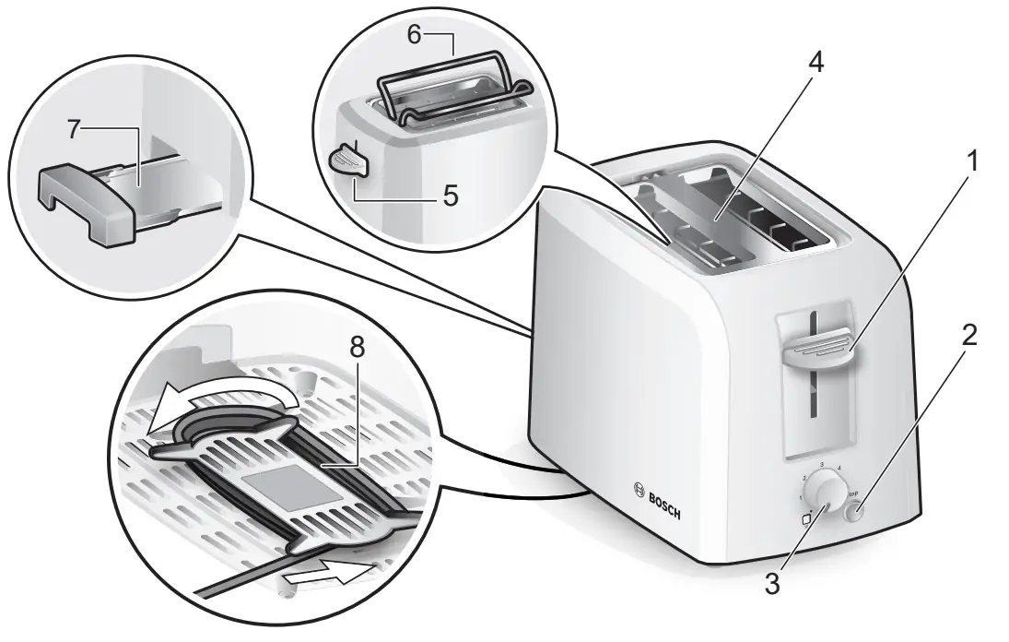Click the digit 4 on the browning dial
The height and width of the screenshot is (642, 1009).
[x=840, y=468]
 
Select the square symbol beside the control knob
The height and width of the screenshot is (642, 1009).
[x=808, y=518]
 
